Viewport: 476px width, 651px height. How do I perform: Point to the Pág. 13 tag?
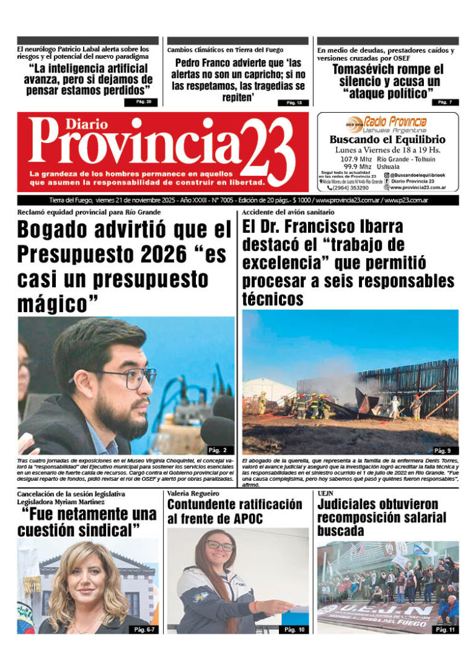tap(293, 103)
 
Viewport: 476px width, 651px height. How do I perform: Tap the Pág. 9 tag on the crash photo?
tap(442, 450)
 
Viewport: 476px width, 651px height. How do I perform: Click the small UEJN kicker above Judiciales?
tap(326, 493)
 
